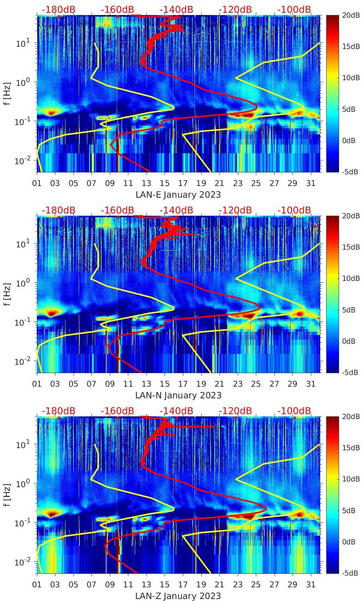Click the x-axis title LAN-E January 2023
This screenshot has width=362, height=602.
pos(178,195)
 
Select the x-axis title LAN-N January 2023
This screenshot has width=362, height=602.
pos(178,395)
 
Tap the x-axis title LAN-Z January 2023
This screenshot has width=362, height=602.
pos(178,596)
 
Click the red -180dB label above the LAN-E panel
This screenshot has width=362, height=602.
pos(58,9)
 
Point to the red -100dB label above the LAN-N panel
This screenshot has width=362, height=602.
pos(294,210)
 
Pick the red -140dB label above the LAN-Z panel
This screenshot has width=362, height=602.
pos(176,411)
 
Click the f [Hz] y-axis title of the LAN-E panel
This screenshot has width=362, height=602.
pos(7,93)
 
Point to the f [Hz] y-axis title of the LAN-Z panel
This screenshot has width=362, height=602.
pos(7,495)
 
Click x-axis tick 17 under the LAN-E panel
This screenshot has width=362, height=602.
pos(183,183)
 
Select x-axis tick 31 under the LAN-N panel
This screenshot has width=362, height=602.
pos(310,384)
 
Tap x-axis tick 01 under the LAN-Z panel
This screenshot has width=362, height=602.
pos(37,585)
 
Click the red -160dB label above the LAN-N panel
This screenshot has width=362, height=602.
pos(117,210)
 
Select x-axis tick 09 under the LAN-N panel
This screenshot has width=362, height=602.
pos(110,384)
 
